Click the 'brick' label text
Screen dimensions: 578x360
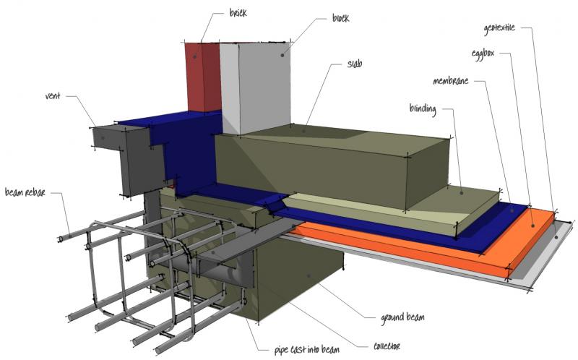(x=238, y=13)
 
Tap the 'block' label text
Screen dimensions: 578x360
(x=340, y=18)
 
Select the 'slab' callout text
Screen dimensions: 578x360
(x=355, y=64)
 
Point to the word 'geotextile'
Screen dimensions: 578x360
(x=499, y=28)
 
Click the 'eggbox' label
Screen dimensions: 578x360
(x=483, y=53)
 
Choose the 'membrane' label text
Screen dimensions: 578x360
(x=450, y=81)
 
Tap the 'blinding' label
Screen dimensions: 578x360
(x=423, y=109)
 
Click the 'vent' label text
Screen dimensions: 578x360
(x=53, y=96)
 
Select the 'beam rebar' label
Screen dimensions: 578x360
(x=25, y=192)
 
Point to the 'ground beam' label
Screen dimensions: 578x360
(x=402, y=317)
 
